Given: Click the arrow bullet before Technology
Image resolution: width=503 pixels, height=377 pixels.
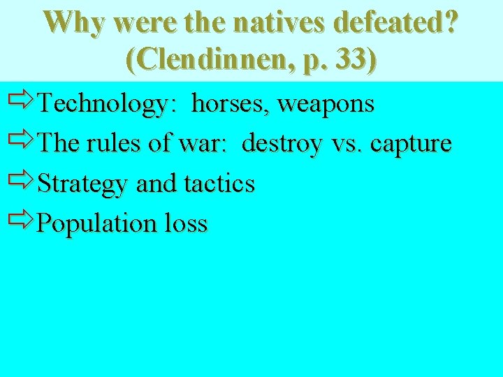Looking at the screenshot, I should pyautogui.click(x=22, y=103).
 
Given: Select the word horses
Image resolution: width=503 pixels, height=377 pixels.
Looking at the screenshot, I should pyautogui.click(x=231, y=104).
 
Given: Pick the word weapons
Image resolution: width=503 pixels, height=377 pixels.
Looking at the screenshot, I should pyautogui.click(x=326, y=104).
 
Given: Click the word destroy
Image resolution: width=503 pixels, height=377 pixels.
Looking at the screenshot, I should pyautogui.click(x=282, y=144).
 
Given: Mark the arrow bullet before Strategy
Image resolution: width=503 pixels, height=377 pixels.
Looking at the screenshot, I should pyautogui.click(x=22, y=182).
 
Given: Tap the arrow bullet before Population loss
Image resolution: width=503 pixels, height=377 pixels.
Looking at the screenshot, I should pyautogui.click(x=22, y=222).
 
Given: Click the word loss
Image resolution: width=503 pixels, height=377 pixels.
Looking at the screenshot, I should pyautogui.click(x=187, y=223).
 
